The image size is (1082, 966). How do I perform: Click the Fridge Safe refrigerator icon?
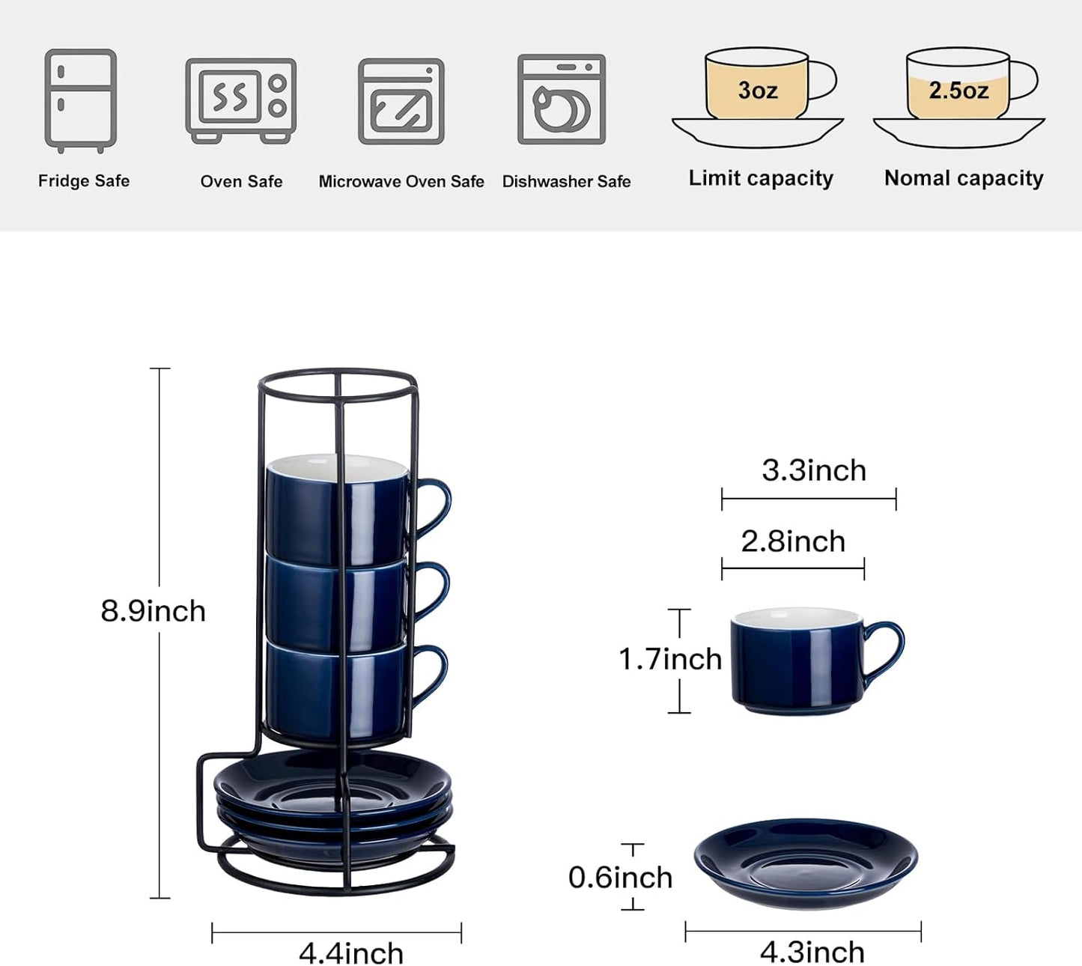(x=80, y=100)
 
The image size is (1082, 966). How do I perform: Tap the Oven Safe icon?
(x=240, y=100)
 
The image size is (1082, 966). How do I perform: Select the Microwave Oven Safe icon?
(x=401, y=101)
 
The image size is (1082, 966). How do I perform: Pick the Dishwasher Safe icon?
(x=561, y=99)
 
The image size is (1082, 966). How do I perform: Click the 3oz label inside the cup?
(x=757, y=91)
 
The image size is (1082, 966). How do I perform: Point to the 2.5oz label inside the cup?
(x=958, y=91)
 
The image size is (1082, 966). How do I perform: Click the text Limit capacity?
(x=760, y=178)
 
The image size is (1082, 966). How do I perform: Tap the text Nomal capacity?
(x=963, y=178)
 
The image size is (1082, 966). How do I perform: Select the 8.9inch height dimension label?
(x=153, y=611)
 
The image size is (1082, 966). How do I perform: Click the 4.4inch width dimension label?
(x=350, y=953)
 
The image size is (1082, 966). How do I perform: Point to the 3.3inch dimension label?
(x=813, y=470)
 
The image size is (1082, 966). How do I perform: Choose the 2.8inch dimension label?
(x=792, y=541)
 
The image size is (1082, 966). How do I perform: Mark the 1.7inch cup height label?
(x=669, y=659)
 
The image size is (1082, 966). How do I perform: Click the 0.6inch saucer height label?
(x=620, y=877)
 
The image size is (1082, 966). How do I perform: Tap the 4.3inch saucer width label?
(x=812, y=952)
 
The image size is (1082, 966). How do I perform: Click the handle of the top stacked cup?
(x=437, y=505)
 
